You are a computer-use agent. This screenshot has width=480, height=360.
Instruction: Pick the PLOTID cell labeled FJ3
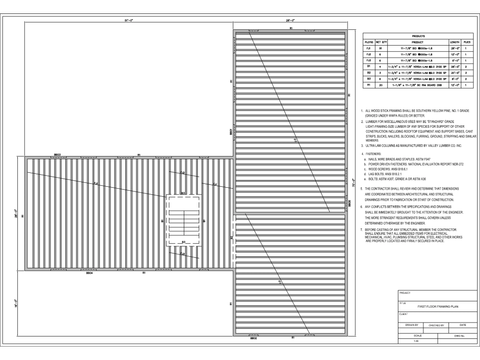369,60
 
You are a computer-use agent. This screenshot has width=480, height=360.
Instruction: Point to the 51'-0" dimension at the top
129,21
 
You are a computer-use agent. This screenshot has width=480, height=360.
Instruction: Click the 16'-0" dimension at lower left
16,305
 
